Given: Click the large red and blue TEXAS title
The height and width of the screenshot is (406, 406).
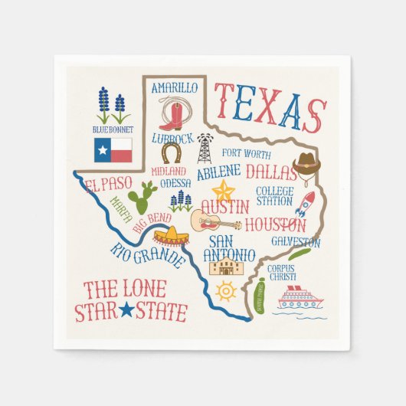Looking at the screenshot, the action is click(270, 106).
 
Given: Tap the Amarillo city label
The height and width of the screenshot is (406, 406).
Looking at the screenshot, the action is click(174, 88).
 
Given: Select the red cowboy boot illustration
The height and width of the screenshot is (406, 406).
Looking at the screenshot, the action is click(172, 115).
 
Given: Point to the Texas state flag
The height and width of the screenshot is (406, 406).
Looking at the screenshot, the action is click(113, 150).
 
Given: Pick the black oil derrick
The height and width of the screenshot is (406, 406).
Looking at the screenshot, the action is click(204, 148).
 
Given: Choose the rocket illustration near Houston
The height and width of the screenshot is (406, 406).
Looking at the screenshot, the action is click(304, 203).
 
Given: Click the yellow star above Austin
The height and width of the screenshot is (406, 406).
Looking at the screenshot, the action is click(224, 189).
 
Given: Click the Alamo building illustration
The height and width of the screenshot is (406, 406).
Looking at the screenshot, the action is click(227, 267).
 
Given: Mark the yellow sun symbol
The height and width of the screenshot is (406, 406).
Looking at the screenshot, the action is click(226, 291).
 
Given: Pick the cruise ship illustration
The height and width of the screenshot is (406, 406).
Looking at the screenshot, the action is click(300, 297).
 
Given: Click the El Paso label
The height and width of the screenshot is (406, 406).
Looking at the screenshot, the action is click(110, 185).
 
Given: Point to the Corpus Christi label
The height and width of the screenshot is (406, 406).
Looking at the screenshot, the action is click(282, 272).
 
